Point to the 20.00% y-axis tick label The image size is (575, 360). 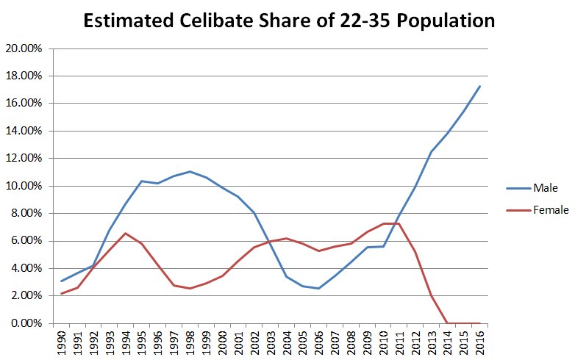click(x=26, y=48)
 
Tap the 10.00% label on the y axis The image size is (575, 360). click(x=26, y=186)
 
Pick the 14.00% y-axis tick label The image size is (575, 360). click(x=26, y=131)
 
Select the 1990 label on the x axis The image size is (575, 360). click(x=62, y=341)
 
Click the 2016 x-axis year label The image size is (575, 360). click(x=479, y=341)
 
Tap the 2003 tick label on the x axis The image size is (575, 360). click(x=271, y=341)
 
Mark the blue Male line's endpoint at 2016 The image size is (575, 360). click(x=479, y=86)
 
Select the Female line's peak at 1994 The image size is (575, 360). click(x=126, y=233)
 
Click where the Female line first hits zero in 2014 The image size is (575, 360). click(x=447, y=323)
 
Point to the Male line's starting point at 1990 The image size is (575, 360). click(x=62, y=281)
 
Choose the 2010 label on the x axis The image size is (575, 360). click(x=383, y=341)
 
